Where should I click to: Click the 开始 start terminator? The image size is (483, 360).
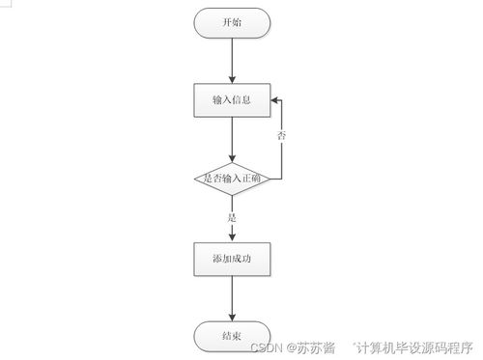233,23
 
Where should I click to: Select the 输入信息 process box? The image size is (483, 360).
233,99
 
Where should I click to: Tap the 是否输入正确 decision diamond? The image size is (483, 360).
233,179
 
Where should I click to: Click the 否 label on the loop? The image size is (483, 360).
281,137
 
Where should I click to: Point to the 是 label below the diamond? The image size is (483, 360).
232,218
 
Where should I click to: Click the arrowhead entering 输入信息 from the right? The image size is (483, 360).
275,99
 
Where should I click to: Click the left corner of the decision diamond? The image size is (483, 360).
195,179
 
